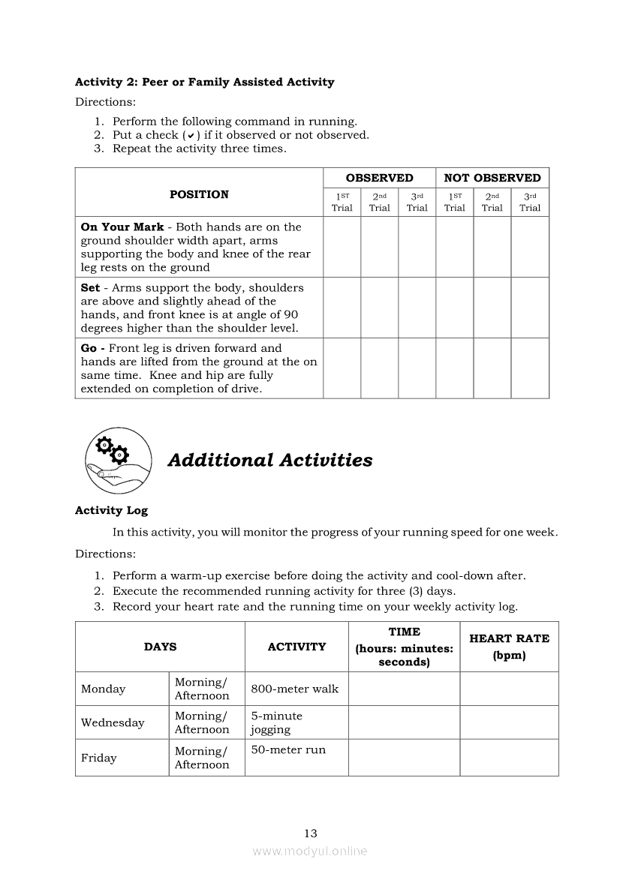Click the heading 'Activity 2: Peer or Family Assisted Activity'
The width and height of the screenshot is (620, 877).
point(204,82)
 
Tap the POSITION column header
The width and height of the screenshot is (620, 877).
point(199,194)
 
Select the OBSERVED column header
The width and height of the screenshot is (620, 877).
point(379,178)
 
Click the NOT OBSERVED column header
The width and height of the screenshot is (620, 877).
point(492,178)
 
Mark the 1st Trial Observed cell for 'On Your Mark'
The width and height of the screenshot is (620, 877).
point(342,247)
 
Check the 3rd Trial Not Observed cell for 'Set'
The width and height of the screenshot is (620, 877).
point(530,308)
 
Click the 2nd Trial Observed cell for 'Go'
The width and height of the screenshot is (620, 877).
point(379,368)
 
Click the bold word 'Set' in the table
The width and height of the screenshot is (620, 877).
point(90,288)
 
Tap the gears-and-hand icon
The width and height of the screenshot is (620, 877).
point(118,459)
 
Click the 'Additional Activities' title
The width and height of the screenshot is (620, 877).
point(269,460)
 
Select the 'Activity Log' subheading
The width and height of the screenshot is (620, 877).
point(111,510)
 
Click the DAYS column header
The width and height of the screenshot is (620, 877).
point(160,647)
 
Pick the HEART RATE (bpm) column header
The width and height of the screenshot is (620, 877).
point(509,646)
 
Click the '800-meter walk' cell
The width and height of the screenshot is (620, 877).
point(295,689)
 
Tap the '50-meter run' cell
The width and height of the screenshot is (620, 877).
point(288,749)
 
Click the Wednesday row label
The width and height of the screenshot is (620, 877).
point(113,722)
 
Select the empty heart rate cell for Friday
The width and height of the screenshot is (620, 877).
point(509,758)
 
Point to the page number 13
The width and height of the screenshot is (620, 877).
point(311,833)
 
